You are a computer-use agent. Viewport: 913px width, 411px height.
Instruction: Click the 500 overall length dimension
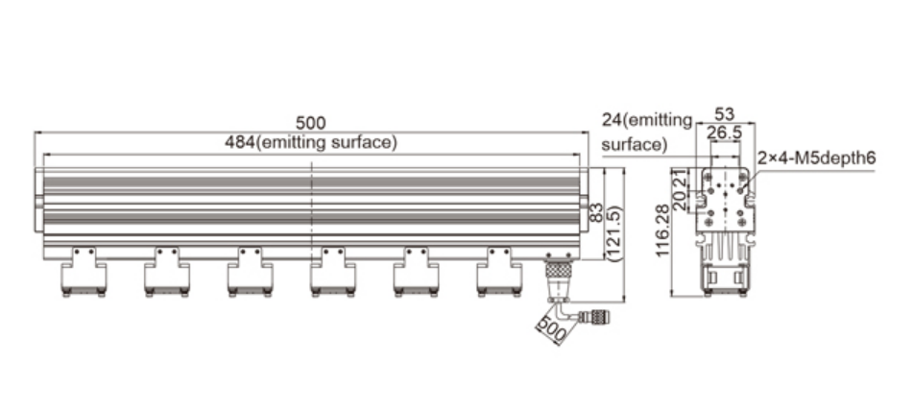pyautogui.click(x=310, y=123)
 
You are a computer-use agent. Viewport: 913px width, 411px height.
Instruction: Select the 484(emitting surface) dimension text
pyautogui.click(x=310, y=142)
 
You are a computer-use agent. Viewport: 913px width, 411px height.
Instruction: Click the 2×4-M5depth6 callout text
pyautogui.click(x=816, y=157)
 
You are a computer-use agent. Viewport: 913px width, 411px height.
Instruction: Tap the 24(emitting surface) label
pyautogui.click(x=646, y=133)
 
